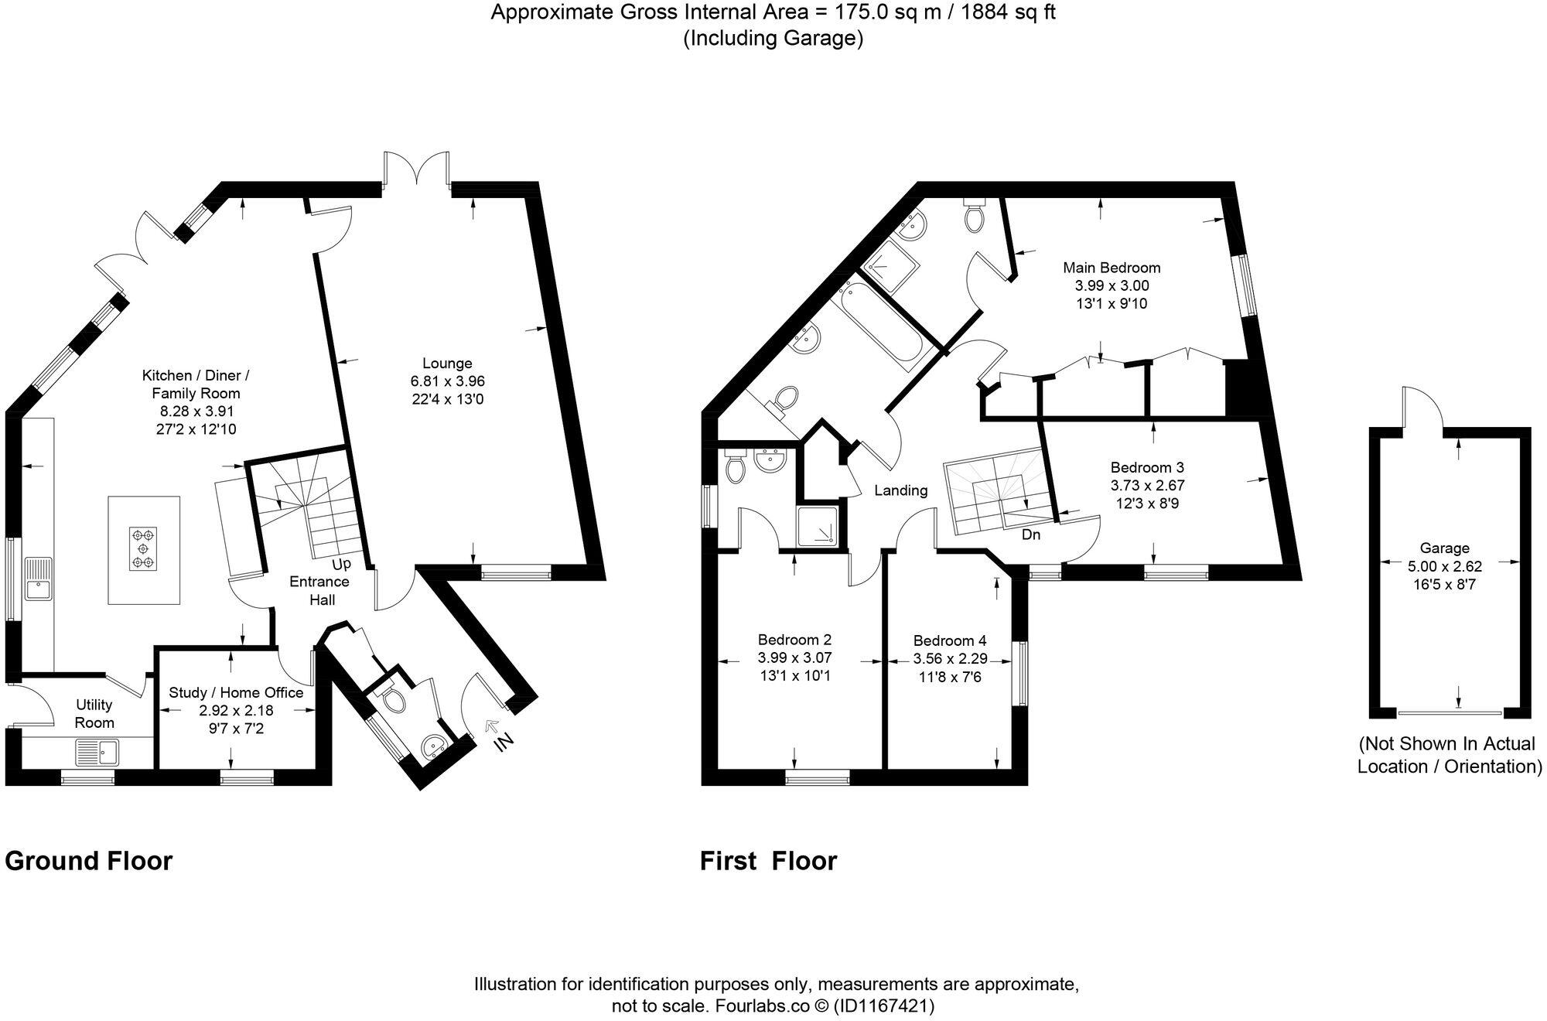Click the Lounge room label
tap(447, 363)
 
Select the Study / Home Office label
tap(236, 692)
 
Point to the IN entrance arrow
tap(492, 727)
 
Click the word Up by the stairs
tap(341, 565)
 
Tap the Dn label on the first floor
tap(1030, 534)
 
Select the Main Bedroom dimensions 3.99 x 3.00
tap(1112, 285)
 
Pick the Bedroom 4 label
tap(949, 640)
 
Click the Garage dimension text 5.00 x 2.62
tap(1444, 566)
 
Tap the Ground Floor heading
tap(88, 861)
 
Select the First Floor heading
tap(768, 861)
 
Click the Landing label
tap(900, 490)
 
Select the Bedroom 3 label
tap(1147, 467)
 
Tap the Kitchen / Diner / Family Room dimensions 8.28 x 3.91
tap(196, 411)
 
